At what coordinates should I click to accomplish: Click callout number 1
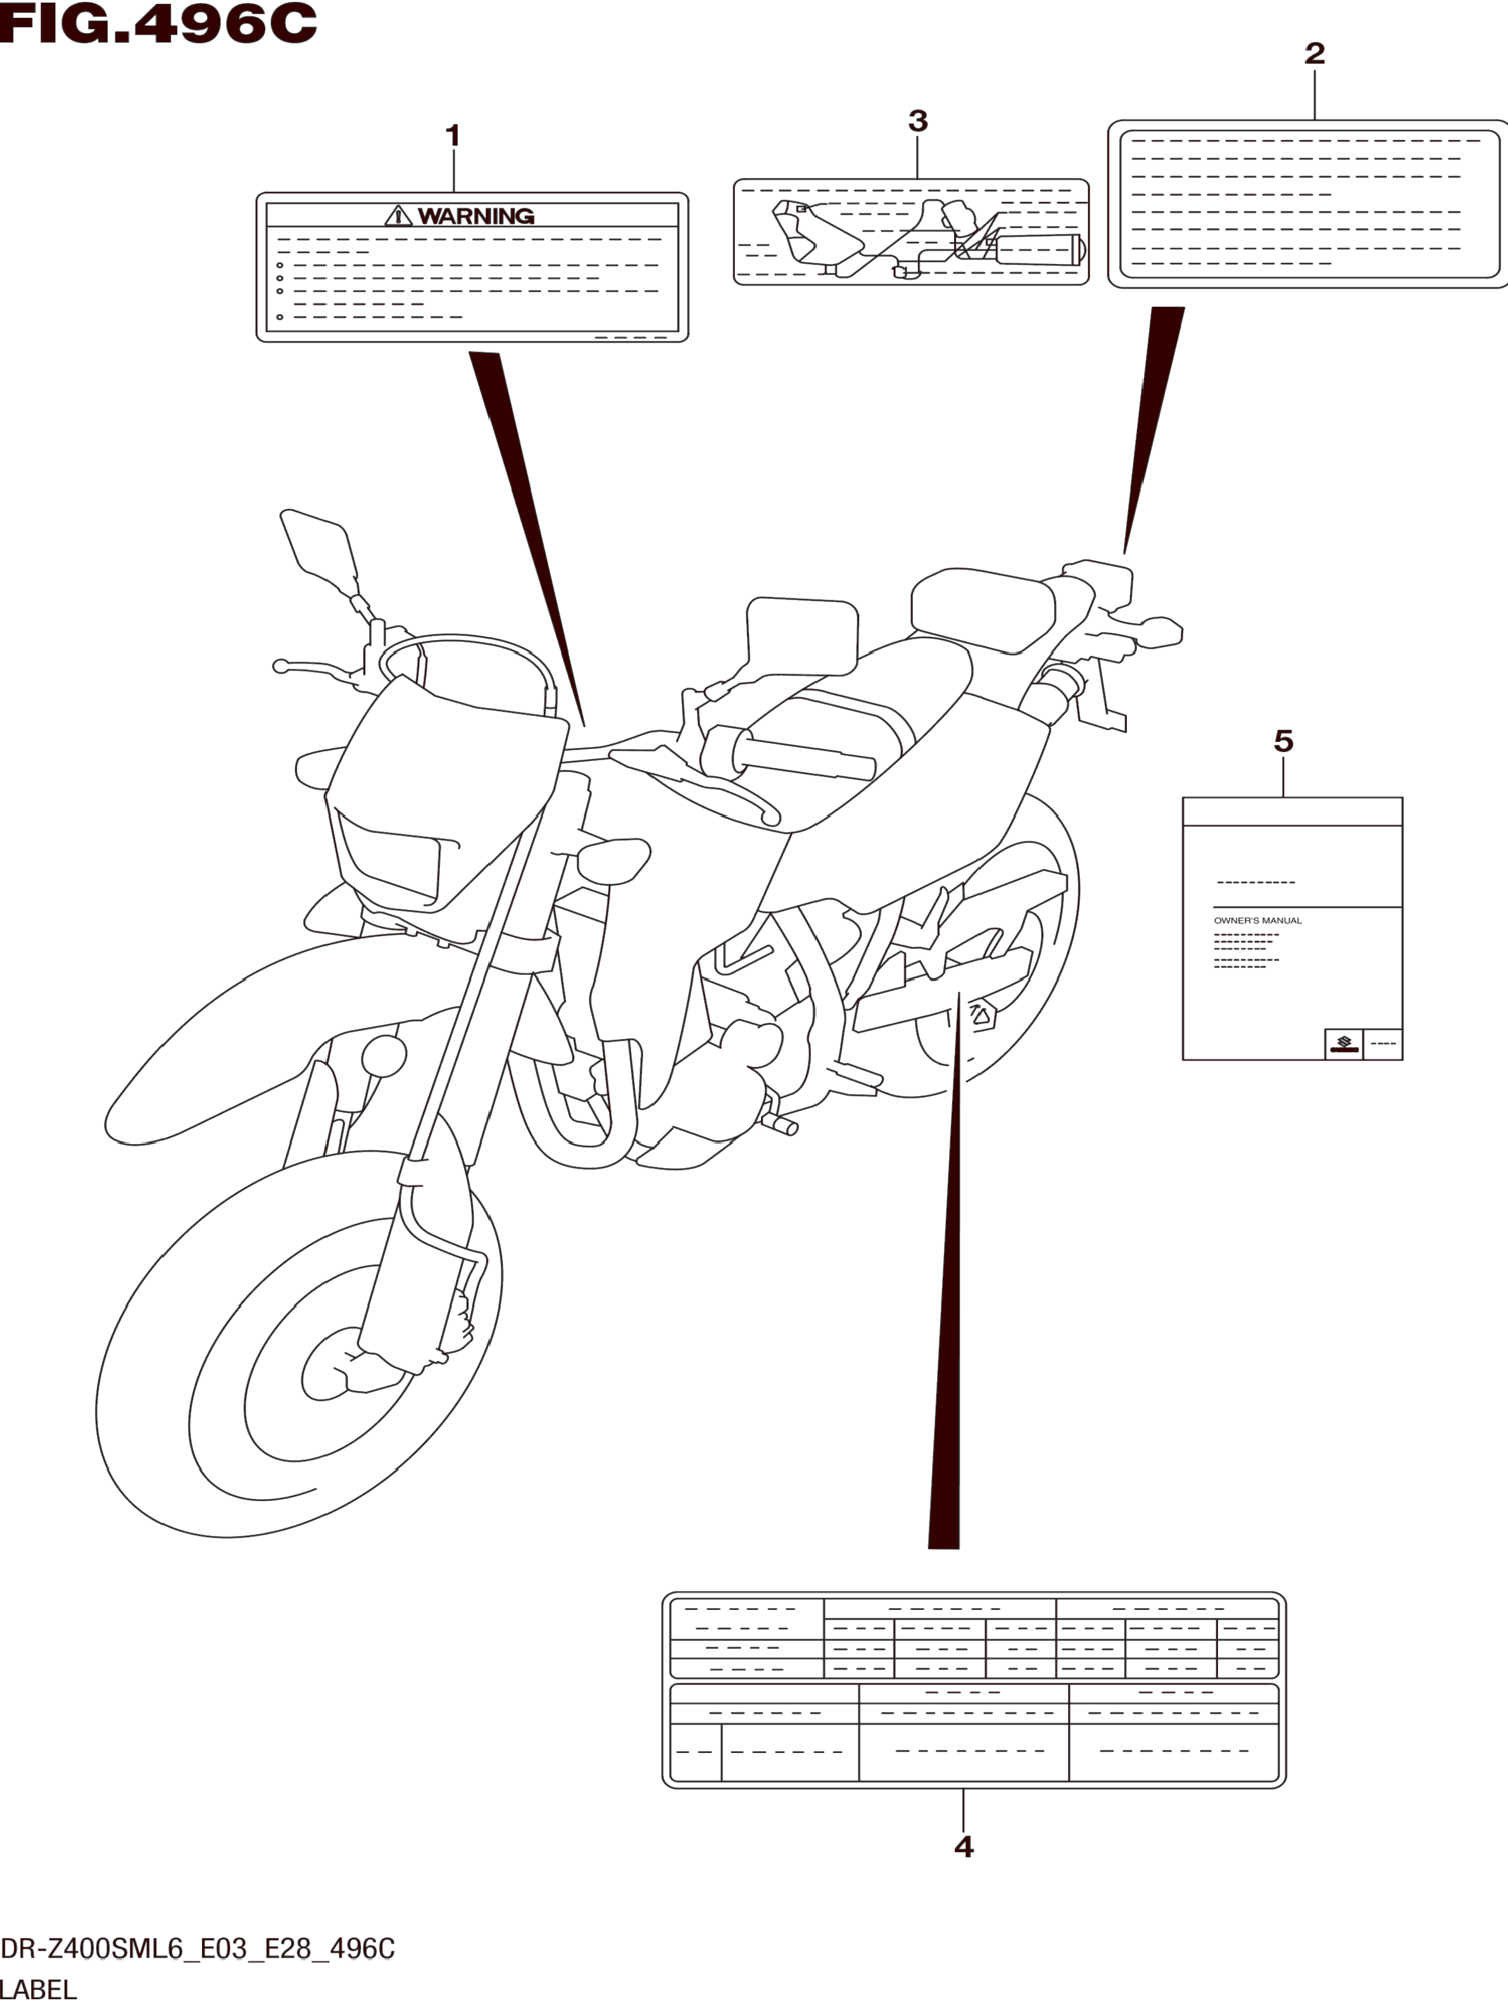point(453,136)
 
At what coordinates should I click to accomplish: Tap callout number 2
point(1314,53)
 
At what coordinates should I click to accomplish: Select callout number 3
point(917,120)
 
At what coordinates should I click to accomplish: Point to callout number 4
point(964,1846)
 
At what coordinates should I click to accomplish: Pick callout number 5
point(1283,741)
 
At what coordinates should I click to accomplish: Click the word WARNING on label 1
point(476,216)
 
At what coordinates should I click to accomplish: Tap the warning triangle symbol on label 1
point(398,216)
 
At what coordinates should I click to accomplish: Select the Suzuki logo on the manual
point(1343,1044)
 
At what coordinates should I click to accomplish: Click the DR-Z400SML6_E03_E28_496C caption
point(198,1949)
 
